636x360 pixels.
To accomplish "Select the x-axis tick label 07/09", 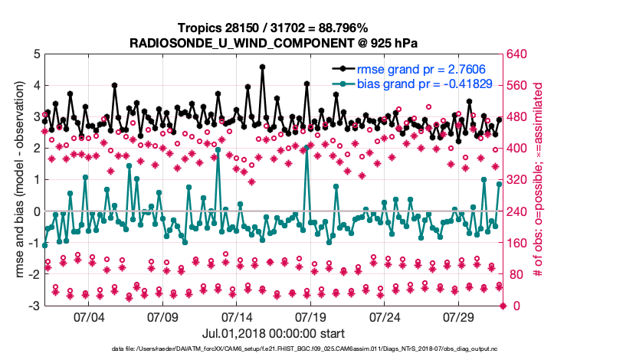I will [162, 317].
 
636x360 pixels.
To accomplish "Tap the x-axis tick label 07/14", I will [237, 317].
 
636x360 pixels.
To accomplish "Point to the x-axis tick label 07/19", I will [311, 317].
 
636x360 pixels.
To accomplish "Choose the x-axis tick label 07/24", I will [385, 317].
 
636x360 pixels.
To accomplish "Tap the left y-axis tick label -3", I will [33, 306].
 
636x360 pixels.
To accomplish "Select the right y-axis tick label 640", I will [519, 54].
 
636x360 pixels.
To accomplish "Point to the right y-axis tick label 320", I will [519, 180].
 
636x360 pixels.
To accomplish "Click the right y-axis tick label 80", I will [516, 274].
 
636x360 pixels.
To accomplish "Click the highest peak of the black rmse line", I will [262, 67].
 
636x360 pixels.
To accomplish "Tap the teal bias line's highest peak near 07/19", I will [307, 147].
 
